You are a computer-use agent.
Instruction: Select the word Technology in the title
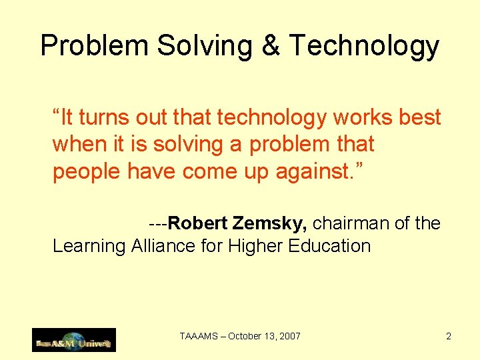click(x=365, y=47)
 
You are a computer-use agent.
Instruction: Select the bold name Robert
click(x=198, y=223)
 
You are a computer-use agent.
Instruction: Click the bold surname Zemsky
click(x=269, y=223)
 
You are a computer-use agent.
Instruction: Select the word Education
click(x=329, y=245)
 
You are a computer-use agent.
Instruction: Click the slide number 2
click(x=449, y=337)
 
